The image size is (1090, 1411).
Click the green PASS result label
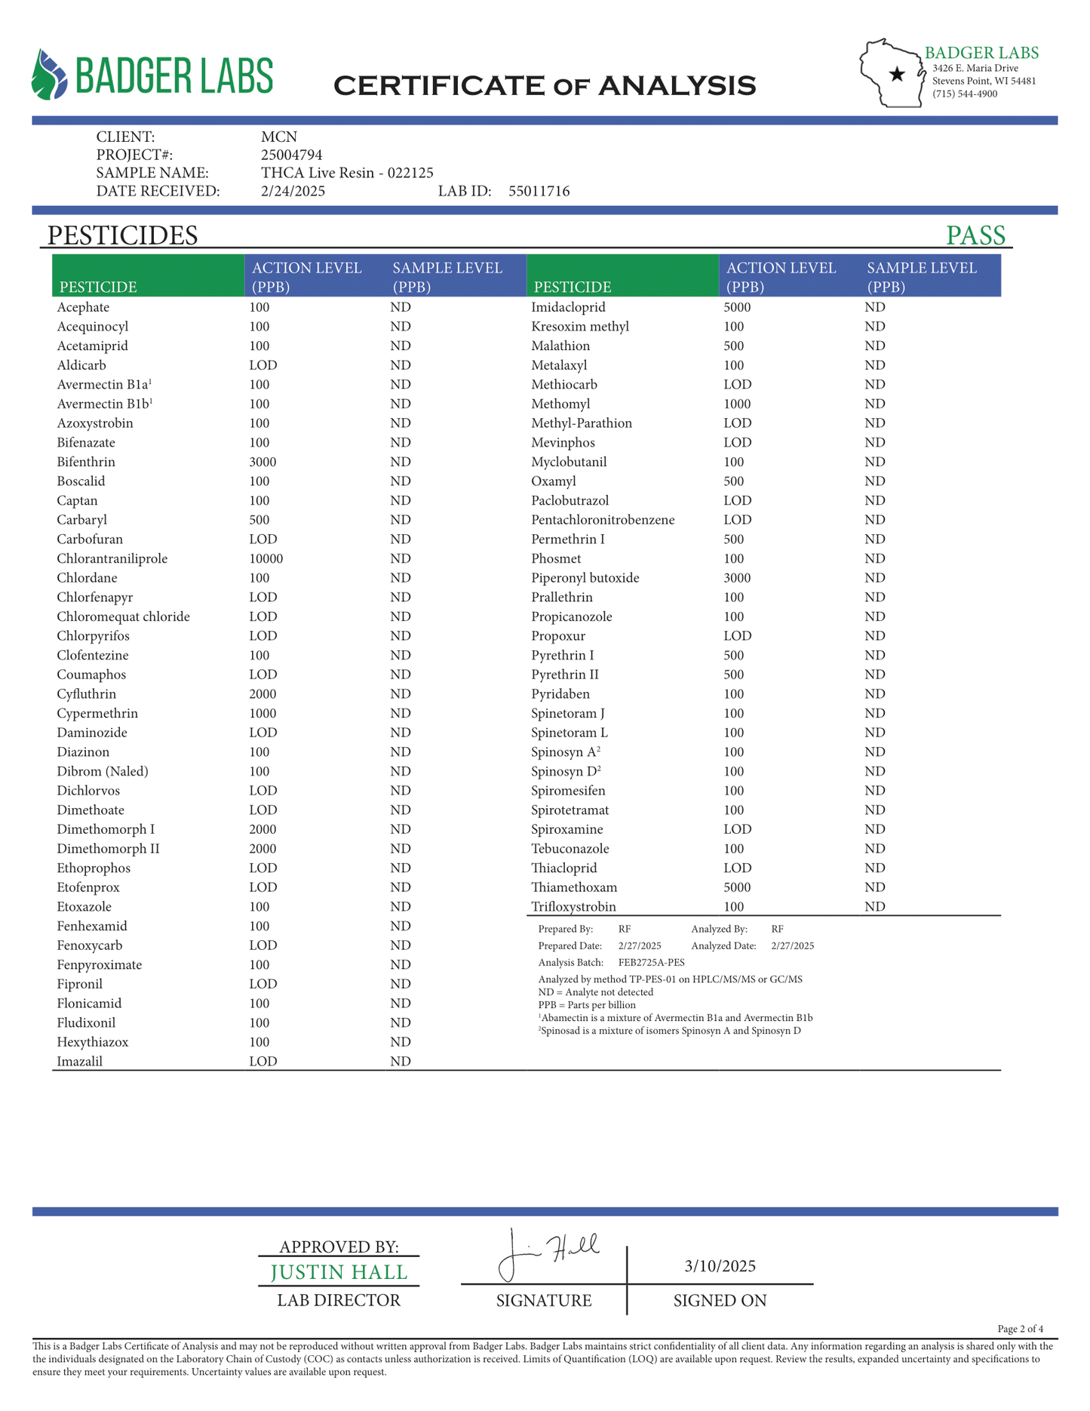(x=975, y=235)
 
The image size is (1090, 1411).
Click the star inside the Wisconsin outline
(x=897, y=74)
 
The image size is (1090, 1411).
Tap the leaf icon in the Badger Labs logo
(x=49, y=75)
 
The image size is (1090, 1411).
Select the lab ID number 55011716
(x=539, y=191)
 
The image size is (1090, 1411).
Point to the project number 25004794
(x=291, y=155)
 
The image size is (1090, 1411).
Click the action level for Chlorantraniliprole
(x=266, y=558)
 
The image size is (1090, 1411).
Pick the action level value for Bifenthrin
(x=263, y=462)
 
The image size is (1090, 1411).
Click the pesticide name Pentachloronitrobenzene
(x=603, y=520)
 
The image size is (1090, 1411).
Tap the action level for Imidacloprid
(x=737, y=307)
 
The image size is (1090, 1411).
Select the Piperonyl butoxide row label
(x=585, y=578)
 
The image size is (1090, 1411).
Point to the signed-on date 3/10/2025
(x=720, y=1265)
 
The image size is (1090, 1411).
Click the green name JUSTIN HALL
(x=339, y=1272)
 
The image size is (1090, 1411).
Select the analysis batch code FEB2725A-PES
(x=651, y=962)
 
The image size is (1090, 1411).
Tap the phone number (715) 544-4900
(x=965, y=94)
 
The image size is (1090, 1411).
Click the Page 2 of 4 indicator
(x=1020, y=1329)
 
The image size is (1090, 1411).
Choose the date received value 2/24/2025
(x=293, y=191)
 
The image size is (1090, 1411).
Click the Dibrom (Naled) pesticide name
(x=103, y=771)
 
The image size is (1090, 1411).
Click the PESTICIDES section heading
(x=122, y=235)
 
